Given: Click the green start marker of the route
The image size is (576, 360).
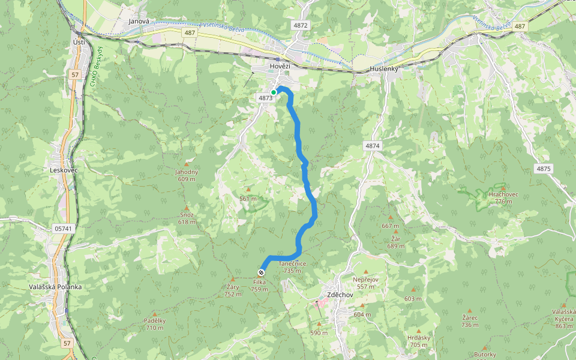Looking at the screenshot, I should (x=274, y=92).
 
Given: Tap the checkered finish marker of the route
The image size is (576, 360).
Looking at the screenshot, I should (x=261, y=272).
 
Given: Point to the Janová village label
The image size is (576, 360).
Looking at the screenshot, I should (x=139, y=22).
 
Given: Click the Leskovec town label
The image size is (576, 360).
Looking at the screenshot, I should (x=64, y=170).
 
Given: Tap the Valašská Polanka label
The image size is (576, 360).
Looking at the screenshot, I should (x=55, y=287).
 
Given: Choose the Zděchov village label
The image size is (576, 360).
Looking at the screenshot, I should (x=340, y=295).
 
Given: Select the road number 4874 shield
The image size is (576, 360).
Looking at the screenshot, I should (x=372, y=146).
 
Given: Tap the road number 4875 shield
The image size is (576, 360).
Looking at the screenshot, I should (x=543, y=169).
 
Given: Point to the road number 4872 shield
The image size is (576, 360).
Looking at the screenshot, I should (x=300, y=26).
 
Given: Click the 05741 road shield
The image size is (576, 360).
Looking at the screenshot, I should (x=62, y=229).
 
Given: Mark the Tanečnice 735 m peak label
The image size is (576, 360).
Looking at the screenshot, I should (x=293, y=267).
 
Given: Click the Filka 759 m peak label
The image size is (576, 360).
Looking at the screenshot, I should (x=260, y=286).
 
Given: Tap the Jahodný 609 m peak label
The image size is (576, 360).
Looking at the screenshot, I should (x=187, y=175).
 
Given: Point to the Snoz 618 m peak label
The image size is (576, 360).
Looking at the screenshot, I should (x=187, y=218).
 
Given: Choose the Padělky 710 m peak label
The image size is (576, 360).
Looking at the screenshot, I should (x=155, y=324).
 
